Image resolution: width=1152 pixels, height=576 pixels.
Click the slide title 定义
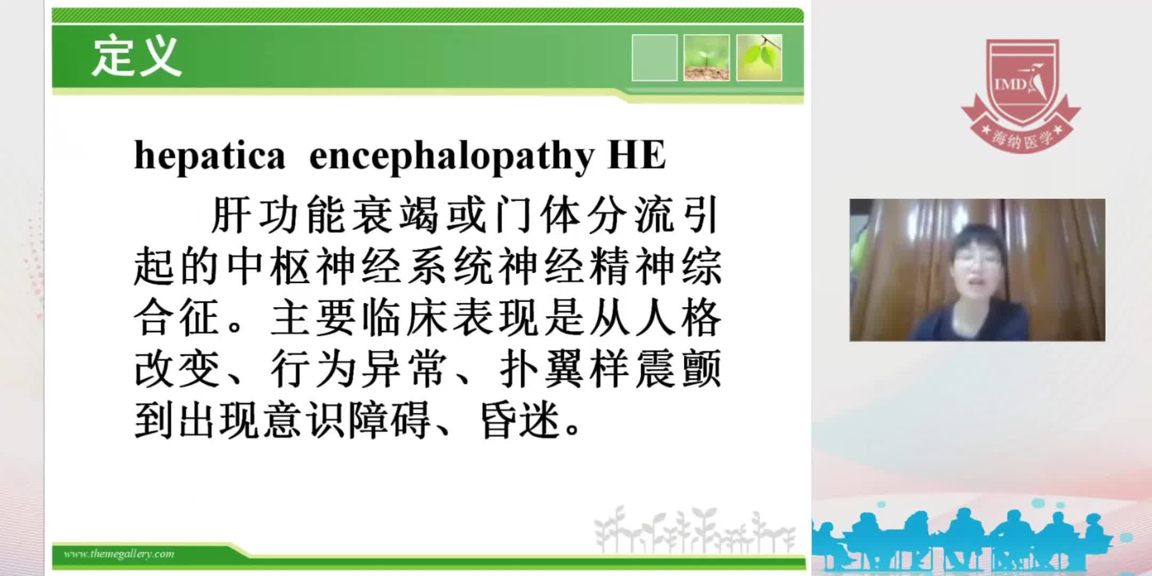click(137, 56)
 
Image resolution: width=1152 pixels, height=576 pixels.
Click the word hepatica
click(210, 156)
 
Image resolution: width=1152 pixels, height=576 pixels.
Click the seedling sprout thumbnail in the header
click(707, 58)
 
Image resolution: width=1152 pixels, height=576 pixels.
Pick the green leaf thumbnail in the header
click(759, 58)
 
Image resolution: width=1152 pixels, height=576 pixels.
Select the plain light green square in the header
click(654, 58)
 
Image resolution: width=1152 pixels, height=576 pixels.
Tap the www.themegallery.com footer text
click(119, 554)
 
